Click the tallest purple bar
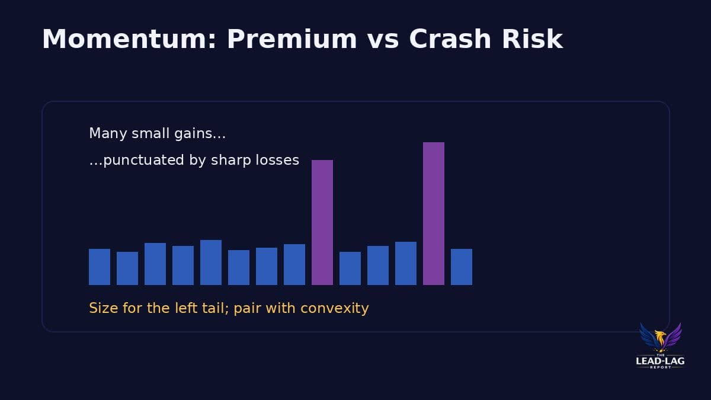tap(434, 213)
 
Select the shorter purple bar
tap(322, 222)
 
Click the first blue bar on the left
tap(100, 267)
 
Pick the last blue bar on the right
tap(462, 267)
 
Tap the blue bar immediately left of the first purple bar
tap(294, 264)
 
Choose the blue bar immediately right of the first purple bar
tap(350, 268)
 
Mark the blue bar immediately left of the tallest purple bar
tap(406, 263)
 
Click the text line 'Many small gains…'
tap(157, 134)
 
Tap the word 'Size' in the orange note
tap(101, 308)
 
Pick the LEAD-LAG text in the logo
tap(660, 360)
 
